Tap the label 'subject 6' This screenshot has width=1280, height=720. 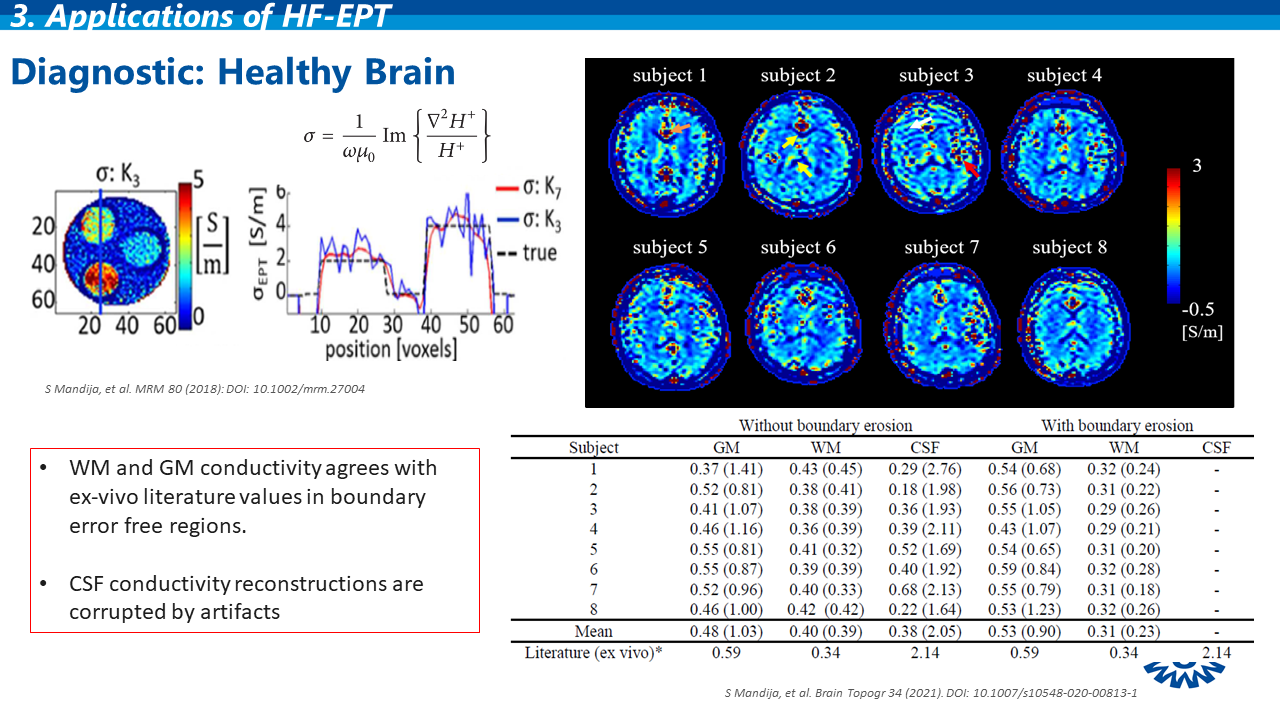coord(797,248)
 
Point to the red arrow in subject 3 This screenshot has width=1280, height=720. coord(971,169)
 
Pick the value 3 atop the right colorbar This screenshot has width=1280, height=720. coord(1196,167)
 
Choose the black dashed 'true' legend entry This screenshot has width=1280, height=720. coord(527,252)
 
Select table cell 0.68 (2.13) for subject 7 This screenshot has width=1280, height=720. coord(925,591)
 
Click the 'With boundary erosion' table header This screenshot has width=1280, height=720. coord(1117,426)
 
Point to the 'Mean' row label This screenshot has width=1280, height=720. coord(593,632)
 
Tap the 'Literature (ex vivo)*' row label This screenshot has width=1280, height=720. coord(594,654)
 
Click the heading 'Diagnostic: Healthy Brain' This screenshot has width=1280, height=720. coord(232,72)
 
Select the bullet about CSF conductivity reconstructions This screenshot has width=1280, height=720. coord(246,597)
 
